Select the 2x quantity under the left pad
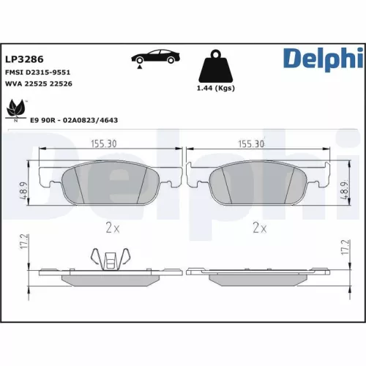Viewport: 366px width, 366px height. [x=111, y=228]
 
